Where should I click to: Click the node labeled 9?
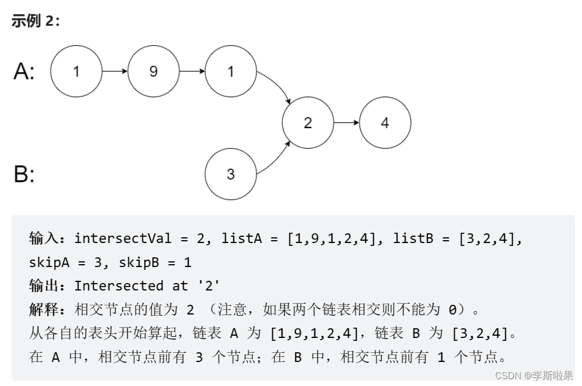point(153,71)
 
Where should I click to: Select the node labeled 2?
point(308,122)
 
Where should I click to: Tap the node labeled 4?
point(385,122)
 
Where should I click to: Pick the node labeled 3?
point(230,174)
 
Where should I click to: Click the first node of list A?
point(76,71)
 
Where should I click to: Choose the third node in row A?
point(230,71)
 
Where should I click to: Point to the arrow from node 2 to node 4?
point(346,122)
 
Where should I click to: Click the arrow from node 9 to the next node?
point(192,71)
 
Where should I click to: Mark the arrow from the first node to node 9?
point(114,71)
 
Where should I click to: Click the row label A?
point(25,71)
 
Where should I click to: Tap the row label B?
point(24,174)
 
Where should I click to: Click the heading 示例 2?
point(35,21)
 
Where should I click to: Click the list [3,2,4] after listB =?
point(491,238)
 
